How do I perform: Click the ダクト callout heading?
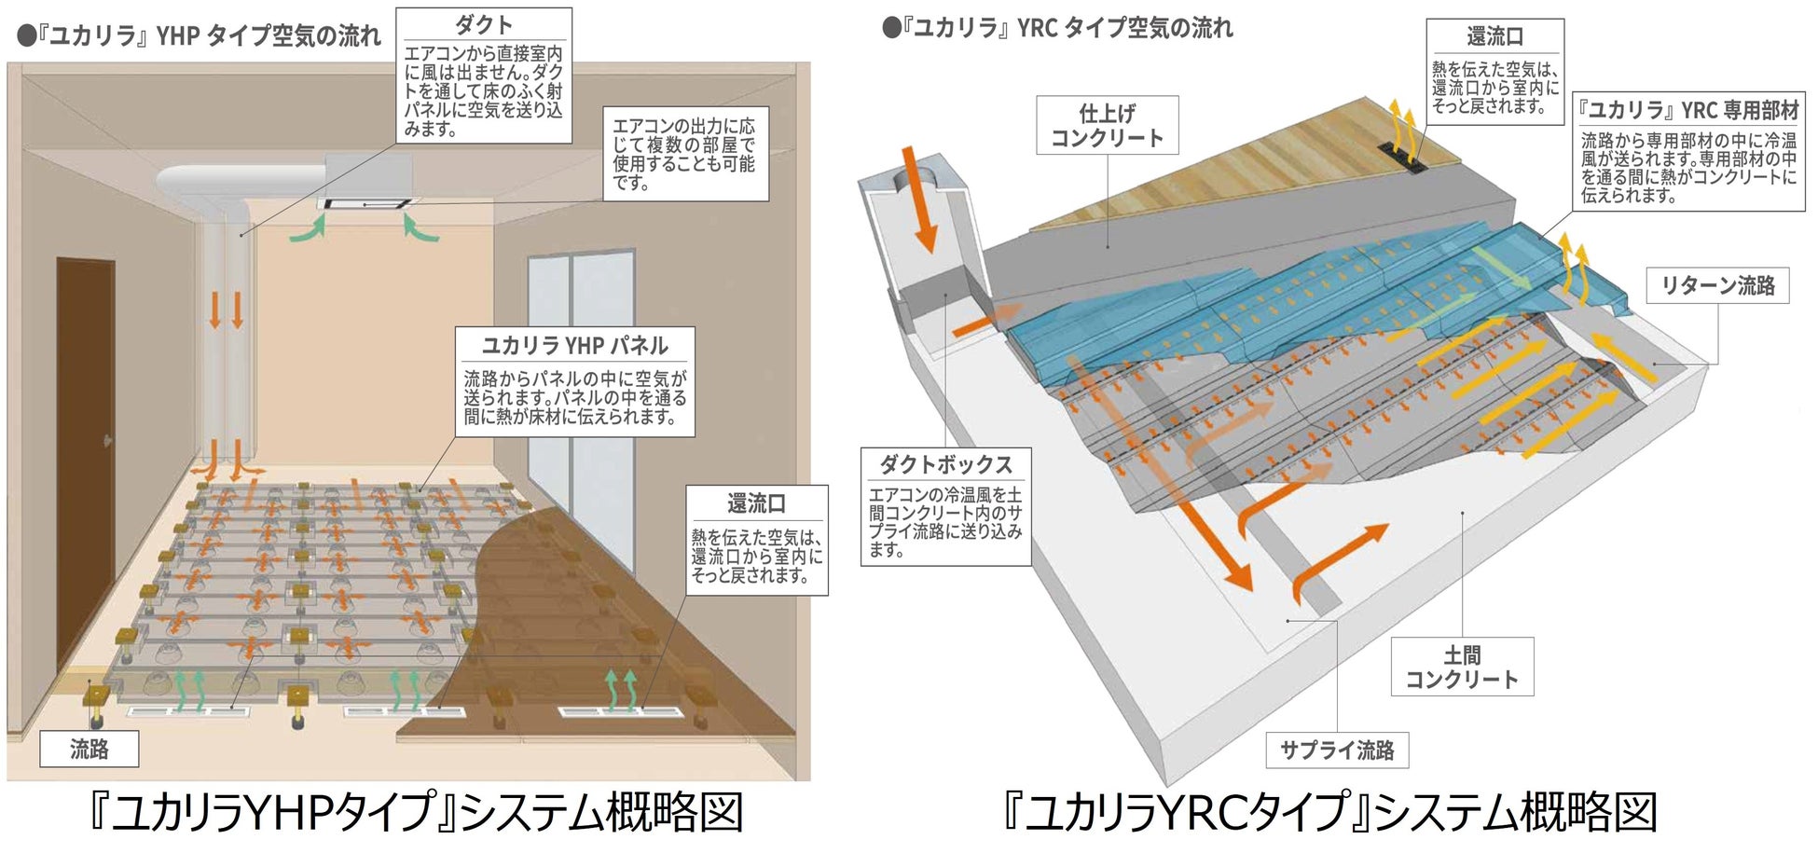coord(483,25)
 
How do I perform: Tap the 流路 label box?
coord(89,749)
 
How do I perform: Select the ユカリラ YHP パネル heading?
coord(574,346)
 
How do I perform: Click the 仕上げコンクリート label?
coord(1107,126)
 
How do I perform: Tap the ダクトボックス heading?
coord(945,464)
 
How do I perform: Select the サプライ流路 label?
coord(1336,750)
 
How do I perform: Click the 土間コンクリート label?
coord(1461,667)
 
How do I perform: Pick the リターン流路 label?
coord(1717,285)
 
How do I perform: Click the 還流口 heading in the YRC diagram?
coord(1494,37)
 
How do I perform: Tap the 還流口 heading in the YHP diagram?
coord(756,504)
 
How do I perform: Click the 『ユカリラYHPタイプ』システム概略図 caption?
coord(415,813)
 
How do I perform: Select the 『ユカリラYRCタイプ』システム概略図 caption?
coord(1329,813)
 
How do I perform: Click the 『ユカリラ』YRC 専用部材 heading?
coord(1687,111)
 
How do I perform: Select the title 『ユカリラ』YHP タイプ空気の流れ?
coord(200,36)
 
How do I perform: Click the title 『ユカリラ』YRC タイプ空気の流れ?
coord(1057,29)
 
